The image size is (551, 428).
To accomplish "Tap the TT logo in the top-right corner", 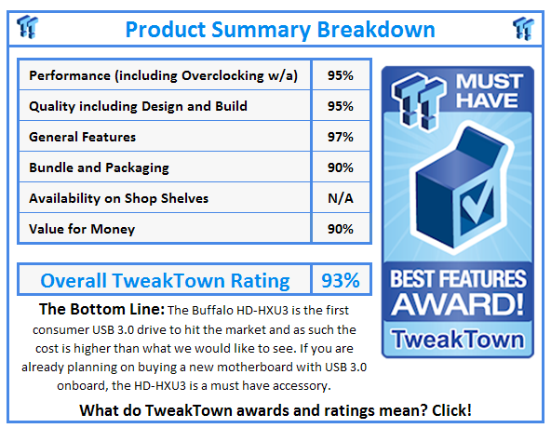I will (x=523, y=28).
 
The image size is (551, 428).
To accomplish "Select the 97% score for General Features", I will (x=340, y=137).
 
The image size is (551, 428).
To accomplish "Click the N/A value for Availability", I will (x=340, y=198).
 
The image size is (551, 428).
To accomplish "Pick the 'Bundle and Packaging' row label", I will (x=98, y=167).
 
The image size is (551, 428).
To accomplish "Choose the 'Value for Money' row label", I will (x=82, y=229).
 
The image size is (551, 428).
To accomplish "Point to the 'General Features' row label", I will (x=82, y=137).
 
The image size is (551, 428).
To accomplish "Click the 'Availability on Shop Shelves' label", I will (x=118, y=198).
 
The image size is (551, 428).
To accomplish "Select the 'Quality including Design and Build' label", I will (x=139, y=106).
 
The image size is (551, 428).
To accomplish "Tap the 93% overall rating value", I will (x=341, y=280).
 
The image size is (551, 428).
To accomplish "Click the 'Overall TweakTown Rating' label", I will (x=165, y=280).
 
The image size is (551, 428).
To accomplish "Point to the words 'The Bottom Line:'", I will (x=101, y=308).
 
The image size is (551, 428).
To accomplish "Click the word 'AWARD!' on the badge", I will (x=457, y=306).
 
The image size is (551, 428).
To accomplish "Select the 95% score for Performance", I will (x=340, y=75).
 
